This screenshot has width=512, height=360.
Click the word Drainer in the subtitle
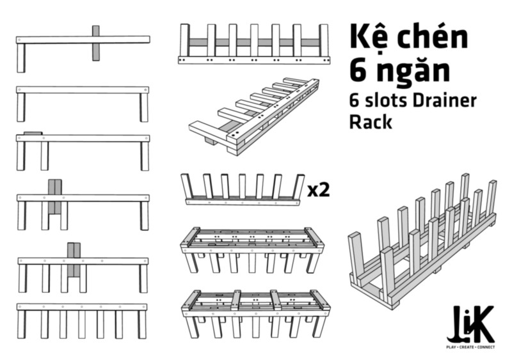(444, 100)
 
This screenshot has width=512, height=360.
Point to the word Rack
(371, 121)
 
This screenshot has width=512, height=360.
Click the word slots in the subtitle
(385, 100)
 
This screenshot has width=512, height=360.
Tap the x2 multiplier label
(319, 190)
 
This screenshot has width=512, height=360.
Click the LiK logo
(470, 323)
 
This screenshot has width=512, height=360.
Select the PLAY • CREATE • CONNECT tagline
(470, 347)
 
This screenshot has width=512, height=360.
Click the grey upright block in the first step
(95, 43)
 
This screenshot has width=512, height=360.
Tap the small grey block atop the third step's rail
(33, 134)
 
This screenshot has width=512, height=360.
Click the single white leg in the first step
(21, 58)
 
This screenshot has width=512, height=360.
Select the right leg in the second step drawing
(144, 107)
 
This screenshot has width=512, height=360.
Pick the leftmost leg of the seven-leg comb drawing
(22, 324)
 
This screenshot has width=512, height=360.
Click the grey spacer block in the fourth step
(55, 196)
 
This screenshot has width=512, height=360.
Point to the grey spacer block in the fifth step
(74, 260)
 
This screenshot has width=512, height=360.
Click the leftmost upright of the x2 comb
(188, 186)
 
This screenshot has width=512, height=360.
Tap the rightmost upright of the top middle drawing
(324, 40)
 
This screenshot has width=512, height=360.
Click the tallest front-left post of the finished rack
(388, 277)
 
